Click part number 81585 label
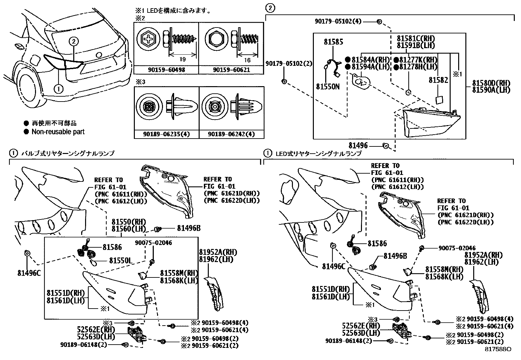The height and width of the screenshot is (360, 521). pyautogui.click(x=333, y=42)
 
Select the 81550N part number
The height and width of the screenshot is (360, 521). pyautogui.click(x=328, y=86)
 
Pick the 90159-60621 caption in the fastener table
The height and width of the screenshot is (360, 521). pyautogui.click(x=231, y=70)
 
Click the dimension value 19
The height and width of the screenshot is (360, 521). pyautogui.click(x=183, y=60)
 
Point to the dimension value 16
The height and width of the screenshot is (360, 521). pyautogui.click(x=247, y=60)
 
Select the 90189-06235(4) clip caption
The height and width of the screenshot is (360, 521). pyautogui.click(x=167, y=134)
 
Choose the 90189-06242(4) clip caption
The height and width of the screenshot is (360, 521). pyautogui.click(x=231, y=134)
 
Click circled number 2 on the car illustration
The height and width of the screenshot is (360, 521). pyautogui.click(x=74, y=41)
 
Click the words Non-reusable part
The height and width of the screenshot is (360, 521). pyautogui.click(x=58, y=132)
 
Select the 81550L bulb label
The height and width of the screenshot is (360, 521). pyautogui.click(x=120, y=260)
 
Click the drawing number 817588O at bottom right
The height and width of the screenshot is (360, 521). pyautogui.click(x=498, y=349)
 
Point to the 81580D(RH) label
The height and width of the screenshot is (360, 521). pyautogui.click(x=491, y=83)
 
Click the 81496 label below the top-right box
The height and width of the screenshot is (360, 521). pyautogui.click(x=358, y=145)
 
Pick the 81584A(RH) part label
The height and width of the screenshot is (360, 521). pyautogui.click(x=370, y=60)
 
